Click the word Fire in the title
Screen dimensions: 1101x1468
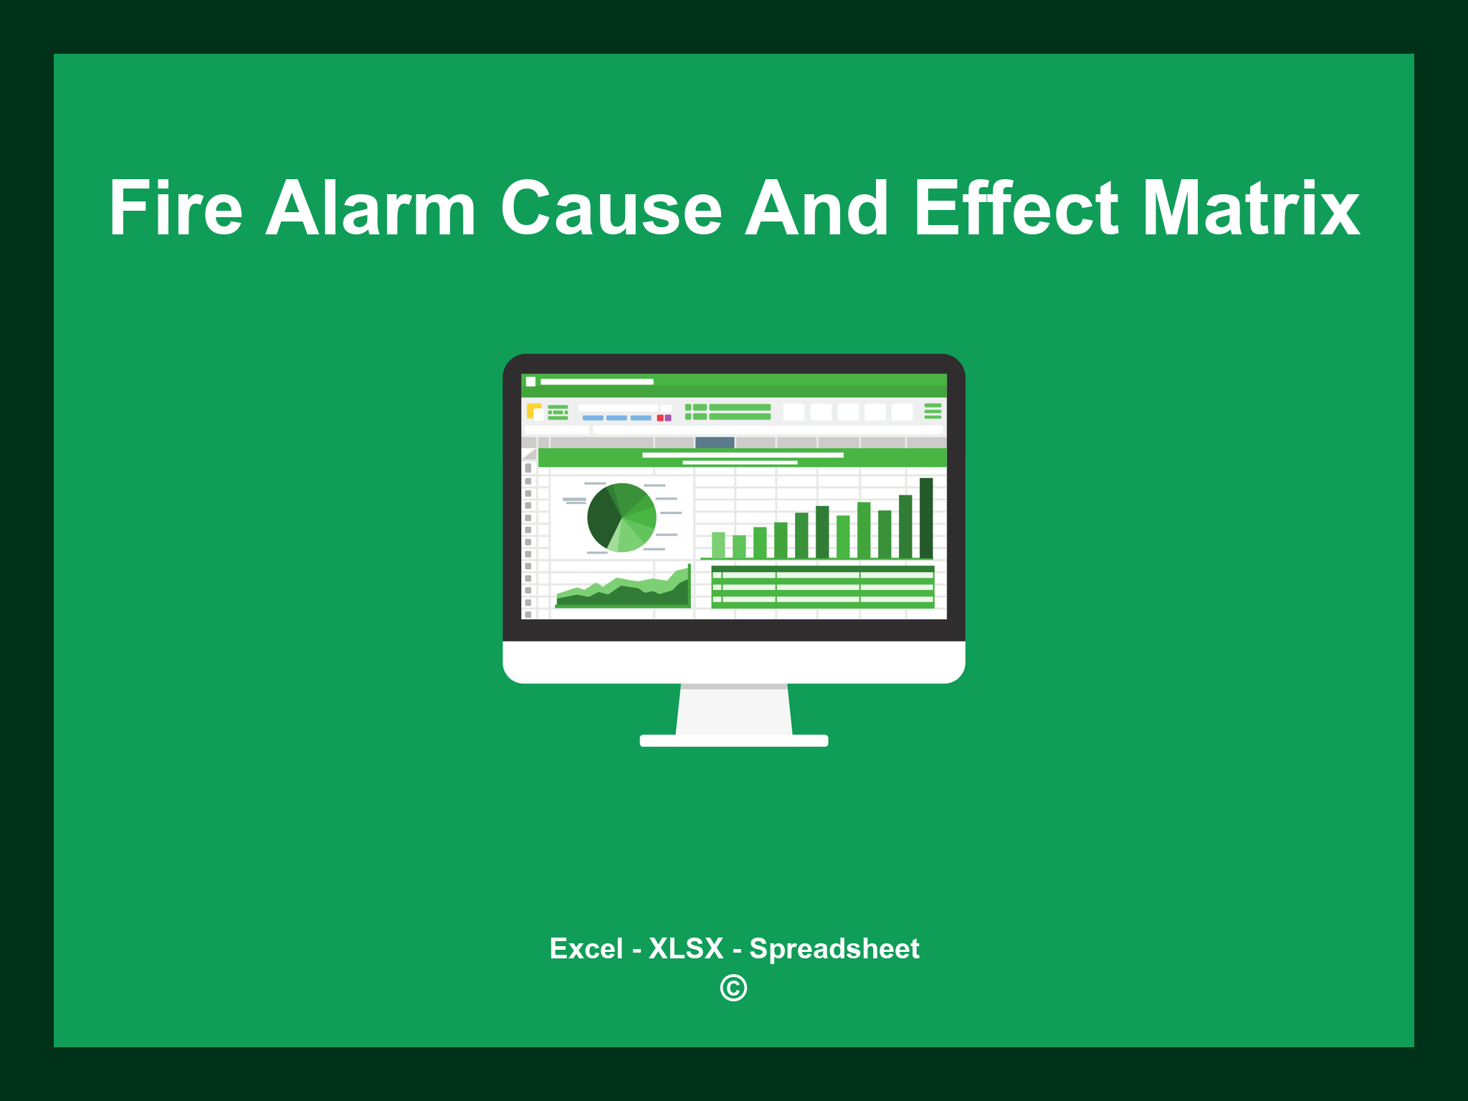pyautogui.click(x=176, y=209)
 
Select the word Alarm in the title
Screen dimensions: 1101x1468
pyautogui.click(x=371, y=209)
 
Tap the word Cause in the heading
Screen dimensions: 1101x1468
pyautogui.click(x=611, y=209)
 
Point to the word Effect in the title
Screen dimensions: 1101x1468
pyautogui.click(x=1016, y=209)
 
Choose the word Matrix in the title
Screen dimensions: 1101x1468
pyautogui.click(x=1251, y=209)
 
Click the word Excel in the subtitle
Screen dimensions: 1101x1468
pyautogui.click(x=586, y=948)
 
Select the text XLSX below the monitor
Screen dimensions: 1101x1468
pyautogui.click(x=686, y=948)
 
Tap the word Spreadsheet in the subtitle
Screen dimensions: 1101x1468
pyautogui.click(x=834, y=948)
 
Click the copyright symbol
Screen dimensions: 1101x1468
pyautogui.click(x=733, y=988)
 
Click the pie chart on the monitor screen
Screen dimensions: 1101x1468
pyautogui.click(x=621, y=518)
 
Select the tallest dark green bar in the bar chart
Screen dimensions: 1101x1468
pyautogui.click(x=926, y=518)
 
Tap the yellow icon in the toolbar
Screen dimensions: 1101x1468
pyautogui.click(x=533, y=411)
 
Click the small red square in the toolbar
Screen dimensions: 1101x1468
pyautogui.click(x=660, y=418)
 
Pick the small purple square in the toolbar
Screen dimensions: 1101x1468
pyautogui.click(x=668, y=418)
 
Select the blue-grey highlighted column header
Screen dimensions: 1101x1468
pyautogui.click(x=715, y=442)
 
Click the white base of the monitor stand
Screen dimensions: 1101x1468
pyautogui.click(x=734, y=740)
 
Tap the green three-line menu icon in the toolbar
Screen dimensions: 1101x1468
pyautogui.click(x=933, y=411)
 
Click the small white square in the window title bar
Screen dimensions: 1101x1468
pyautogui.click(x=530, y=381)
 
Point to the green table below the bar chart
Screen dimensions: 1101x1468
pyautogui.click(x=823, y=587)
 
